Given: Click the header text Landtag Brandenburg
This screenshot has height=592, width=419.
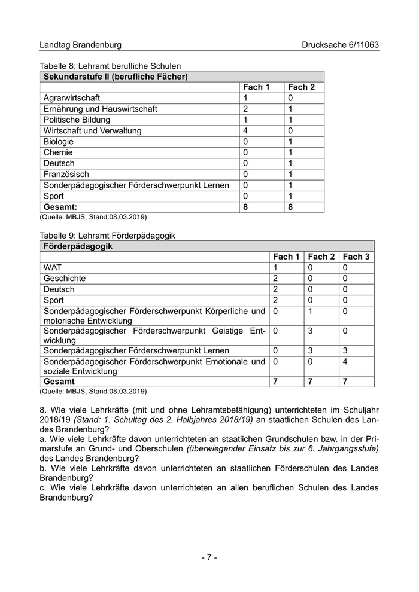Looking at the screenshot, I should point(80,45).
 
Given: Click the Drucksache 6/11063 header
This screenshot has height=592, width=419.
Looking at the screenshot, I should point(340,45).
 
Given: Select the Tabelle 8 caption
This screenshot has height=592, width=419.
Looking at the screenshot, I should point(110,66).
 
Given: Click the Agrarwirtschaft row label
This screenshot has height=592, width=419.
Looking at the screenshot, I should point(72,98).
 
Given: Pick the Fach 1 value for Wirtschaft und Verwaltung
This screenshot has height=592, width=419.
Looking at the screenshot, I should point(245,130).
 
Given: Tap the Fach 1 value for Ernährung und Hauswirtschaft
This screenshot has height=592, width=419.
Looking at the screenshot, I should point(245,109).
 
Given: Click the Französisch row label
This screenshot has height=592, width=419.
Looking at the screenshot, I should point(66,174).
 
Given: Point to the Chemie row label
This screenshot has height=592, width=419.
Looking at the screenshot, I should point(59,152).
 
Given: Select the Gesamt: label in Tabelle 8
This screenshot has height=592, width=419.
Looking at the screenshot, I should point(60,207).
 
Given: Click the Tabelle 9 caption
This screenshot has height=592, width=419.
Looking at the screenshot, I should point(107,236).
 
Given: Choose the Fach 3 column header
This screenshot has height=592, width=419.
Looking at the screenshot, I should point(356,257).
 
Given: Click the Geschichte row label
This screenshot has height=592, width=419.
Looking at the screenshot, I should point(65,279).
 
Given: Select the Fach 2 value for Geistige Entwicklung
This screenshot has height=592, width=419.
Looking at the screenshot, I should point(311,330).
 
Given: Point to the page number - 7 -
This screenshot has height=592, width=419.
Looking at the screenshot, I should point(209,557).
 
